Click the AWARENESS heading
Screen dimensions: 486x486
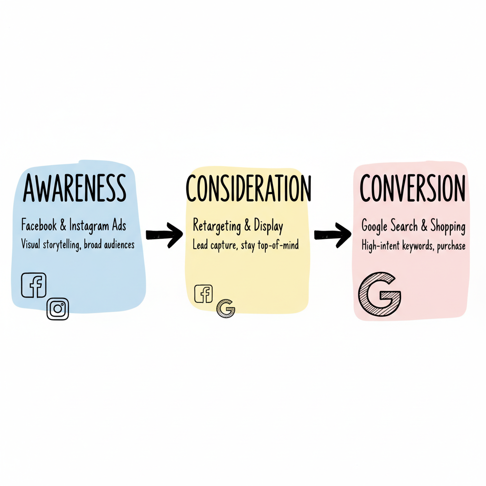75,188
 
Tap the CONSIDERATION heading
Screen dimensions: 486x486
248,188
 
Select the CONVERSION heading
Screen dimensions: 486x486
412,188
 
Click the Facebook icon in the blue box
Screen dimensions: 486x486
34,285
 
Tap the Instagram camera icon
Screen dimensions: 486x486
58,308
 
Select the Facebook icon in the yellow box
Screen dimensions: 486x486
204,294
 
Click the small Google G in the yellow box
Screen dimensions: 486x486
226,309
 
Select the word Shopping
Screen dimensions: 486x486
448,226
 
